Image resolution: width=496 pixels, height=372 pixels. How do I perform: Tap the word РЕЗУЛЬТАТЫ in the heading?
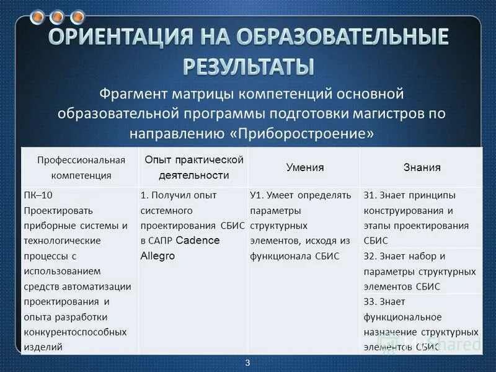click(248, 65)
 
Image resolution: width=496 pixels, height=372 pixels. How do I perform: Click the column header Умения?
click(305, 167)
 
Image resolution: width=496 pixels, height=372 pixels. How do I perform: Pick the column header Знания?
click(422, 167)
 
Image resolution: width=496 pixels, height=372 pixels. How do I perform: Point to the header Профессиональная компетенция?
click(81, 167)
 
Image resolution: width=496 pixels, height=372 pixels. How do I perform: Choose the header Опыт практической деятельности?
click(194, 167)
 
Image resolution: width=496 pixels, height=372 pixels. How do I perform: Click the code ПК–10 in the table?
click(39, 195)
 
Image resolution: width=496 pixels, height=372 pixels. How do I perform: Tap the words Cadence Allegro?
click(180, 248)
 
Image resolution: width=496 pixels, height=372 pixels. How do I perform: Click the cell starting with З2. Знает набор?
click(420, 271)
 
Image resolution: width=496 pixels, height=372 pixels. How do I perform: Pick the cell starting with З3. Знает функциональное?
click(420, 324)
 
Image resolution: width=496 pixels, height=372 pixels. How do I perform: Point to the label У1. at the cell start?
click(257, 195)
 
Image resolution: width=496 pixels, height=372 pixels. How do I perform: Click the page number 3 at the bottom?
click(247, 363)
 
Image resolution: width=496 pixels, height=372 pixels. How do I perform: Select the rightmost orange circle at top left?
click(77, 17)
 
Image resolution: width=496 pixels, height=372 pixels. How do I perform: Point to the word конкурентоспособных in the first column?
click(75, 332)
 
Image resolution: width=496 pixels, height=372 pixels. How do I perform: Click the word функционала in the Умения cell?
click(283, 255)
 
